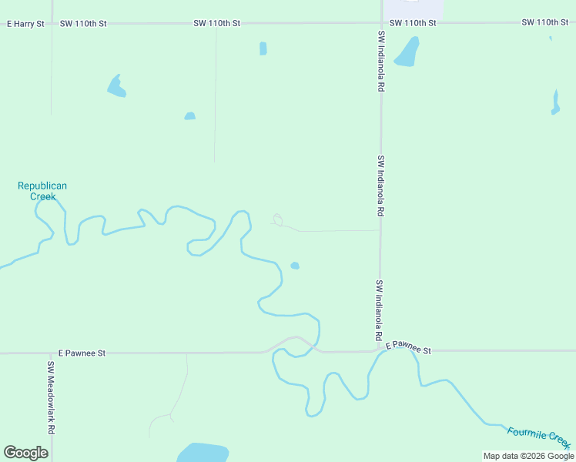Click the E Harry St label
(x=25, y=24)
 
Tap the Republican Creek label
(x=42, y=191)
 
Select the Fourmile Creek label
(x=538, y=435)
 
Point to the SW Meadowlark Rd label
(x=52, y=398)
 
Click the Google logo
(x=25, y=453)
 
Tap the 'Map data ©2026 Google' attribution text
(x=528, y=456)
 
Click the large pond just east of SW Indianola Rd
(x=407, y=52)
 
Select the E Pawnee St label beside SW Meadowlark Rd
(x=81, y=353)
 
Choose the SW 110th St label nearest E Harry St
(x=83, y=24)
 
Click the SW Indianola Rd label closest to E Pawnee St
(x=379, y=311)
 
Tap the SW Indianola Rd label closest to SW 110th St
(x=380, y=62)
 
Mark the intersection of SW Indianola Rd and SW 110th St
(x=381, y=23)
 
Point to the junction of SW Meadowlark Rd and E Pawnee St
(x=52, y=353)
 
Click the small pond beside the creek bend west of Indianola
(x=295, y=266)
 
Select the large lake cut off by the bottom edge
(x=203, y=453)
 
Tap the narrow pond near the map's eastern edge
(x=555, y=103)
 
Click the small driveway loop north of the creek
(x=277, y=219)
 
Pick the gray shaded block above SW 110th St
(x=414, y=9)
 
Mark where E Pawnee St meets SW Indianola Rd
(x=379, y=350)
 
